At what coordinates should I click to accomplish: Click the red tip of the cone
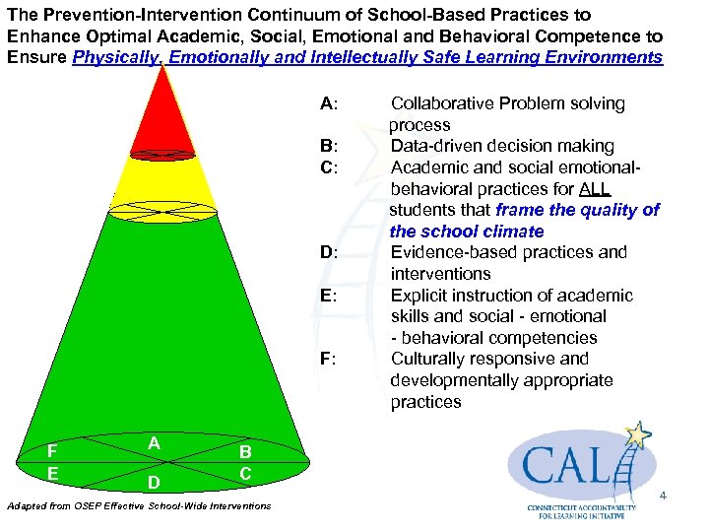[x=162, y=118]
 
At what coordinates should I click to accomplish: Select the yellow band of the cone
[x=162, y=182]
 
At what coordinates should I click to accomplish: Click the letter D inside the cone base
[x=154, y=483]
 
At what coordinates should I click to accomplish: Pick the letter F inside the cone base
[x=51, y=451]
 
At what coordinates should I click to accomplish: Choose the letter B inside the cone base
[x=245, y=451]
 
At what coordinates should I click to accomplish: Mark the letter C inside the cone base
[x=245, y=474]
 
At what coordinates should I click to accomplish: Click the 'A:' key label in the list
[x=329, y=103]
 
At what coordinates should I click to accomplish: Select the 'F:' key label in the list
[x=329, y=359]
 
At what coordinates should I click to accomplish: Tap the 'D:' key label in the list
[x=329, y=252]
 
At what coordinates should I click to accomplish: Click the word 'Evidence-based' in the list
[x=453, y=252]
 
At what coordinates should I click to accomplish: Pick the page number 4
[x=663, y=495]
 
